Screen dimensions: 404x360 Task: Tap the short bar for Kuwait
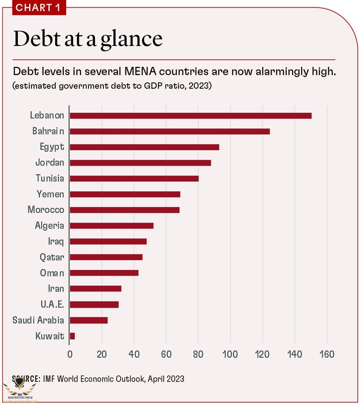(x=72, y=336)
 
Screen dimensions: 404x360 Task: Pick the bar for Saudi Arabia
(x=89, y=320)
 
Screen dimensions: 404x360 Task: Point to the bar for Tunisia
(x=134, y=178)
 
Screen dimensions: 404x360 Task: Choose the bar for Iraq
(x=108, y=241)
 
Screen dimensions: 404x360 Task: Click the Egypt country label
(x=52, y=147)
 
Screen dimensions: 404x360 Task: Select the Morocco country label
(x=46, y=210)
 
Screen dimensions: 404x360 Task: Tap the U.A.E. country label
(x=52, y=304)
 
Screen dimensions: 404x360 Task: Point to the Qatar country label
(x=52, y=257)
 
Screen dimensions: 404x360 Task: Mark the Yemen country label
(x=50, y=194)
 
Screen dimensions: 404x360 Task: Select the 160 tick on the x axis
(x=327, y=354)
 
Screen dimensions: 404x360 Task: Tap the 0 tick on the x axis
(x=70, y=354)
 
